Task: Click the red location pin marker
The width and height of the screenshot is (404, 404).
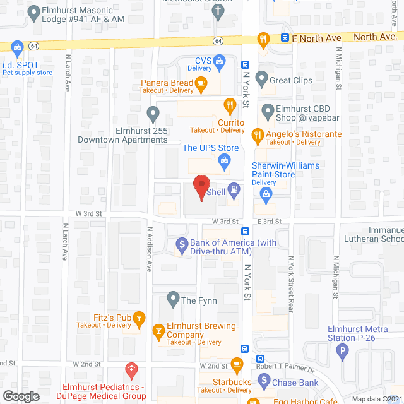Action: tap(201, 187)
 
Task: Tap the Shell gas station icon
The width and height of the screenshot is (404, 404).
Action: tap(234, 187)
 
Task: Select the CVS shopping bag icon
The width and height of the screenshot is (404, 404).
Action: tap(219, 61)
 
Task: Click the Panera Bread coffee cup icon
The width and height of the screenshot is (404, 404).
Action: tap(201, 83)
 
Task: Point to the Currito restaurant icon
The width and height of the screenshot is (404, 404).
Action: tap(230, 105)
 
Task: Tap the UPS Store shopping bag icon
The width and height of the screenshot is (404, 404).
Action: tap(224, 162)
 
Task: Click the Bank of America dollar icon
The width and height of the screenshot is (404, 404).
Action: tap(181, 243)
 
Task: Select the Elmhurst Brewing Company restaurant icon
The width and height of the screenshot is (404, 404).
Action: tap(158, 330)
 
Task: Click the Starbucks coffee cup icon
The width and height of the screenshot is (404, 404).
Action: tap(237, 364)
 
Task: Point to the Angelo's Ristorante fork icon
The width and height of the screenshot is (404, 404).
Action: tap(257, 134)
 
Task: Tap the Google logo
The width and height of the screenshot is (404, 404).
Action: tap(21, 396)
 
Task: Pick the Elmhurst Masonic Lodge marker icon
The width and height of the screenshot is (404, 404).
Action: tap(33, 11)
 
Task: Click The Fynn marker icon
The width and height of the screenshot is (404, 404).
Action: tap(172, 297)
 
